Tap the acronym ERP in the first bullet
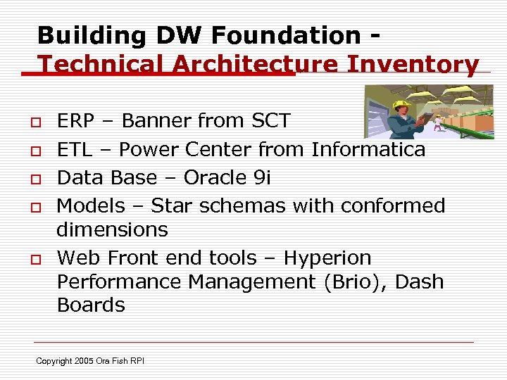pyautogui.click(x=75, y=121)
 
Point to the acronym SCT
pyautogui.click(x=270, y=121)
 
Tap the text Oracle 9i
pyautogui.click(x=227, y=178)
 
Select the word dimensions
pyautogui.click(x=112, y=230)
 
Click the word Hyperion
pyautogui.click(x=327, y=258)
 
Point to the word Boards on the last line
pyautogui.click(x=90, y=305)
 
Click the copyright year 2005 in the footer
pyautogui.click(x=84, y=361)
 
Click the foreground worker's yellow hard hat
pyautogui.click(x=401, y=104)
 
